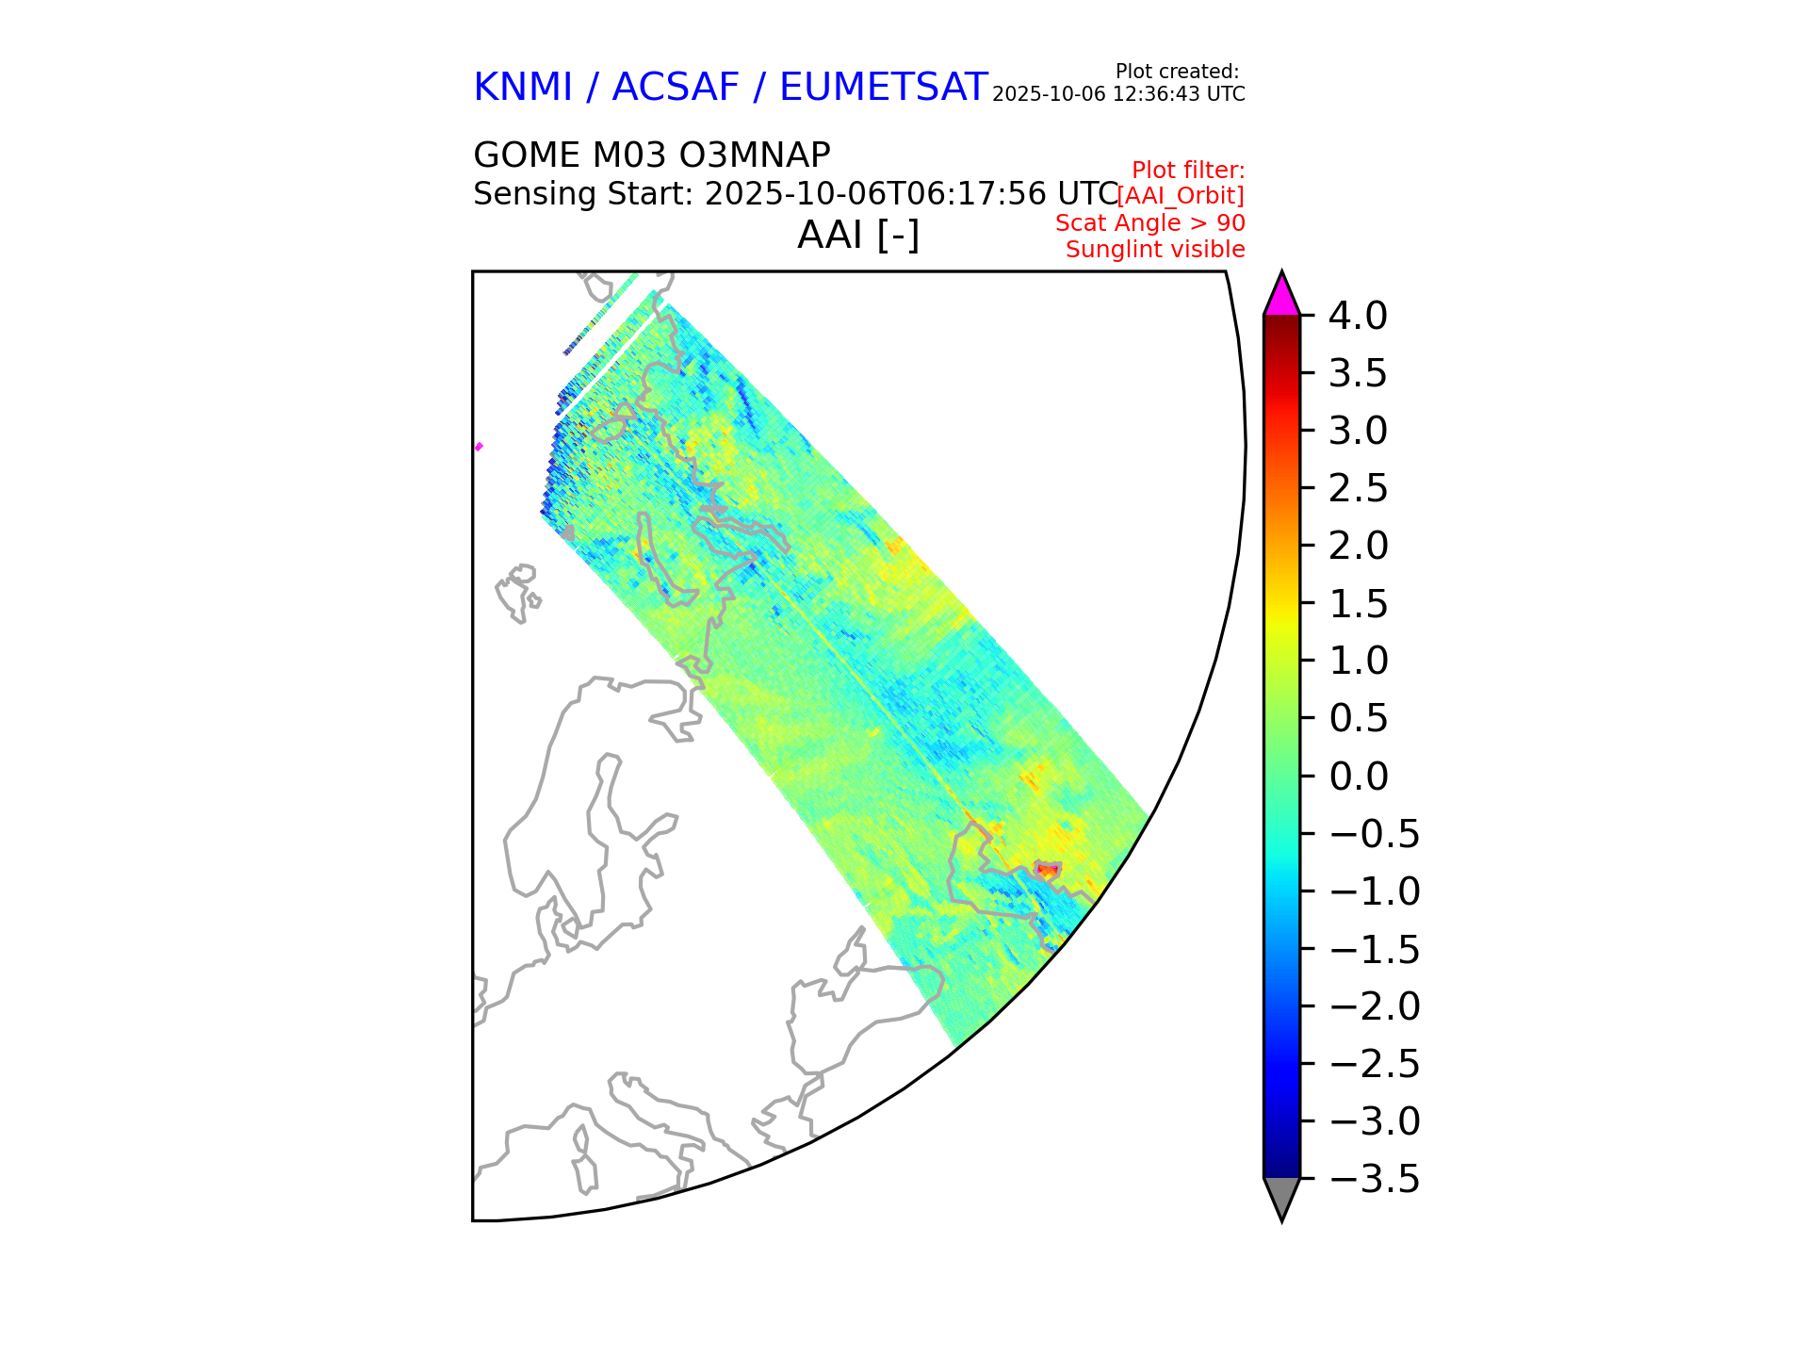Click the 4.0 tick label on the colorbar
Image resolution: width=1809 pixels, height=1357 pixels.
click(1358, 317)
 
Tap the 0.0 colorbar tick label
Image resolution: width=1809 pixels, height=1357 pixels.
click(1358, 777)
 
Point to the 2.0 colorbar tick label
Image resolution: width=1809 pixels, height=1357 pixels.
click(1358, 547)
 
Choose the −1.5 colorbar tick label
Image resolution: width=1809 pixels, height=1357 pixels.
click(1375, 950)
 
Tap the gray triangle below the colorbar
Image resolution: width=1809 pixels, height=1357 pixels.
click(1281, 1197)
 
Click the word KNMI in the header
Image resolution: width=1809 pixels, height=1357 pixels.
click(523, 88)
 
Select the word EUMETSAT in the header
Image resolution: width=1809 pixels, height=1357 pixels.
click(884, 88)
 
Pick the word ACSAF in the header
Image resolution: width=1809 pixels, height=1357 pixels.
click(676, 88)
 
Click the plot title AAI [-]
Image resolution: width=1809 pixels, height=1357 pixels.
click(858, 235)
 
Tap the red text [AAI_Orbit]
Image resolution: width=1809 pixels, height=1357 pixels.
click(1181, 196)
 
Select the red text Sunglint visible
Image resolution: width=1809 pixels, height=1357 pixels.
click(1155, 250)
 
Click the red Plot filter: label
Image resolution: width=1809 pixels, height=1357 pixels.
click(1188, 171)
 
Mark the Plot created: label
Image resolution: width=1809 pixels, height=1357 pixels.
click(1177, 72)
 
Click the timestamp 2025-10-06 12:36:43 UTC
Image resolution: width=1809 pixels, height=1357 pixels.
click(1118, 94)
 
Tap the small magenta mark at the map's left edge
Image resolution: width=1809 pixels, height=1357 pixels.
click(479, 447)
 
